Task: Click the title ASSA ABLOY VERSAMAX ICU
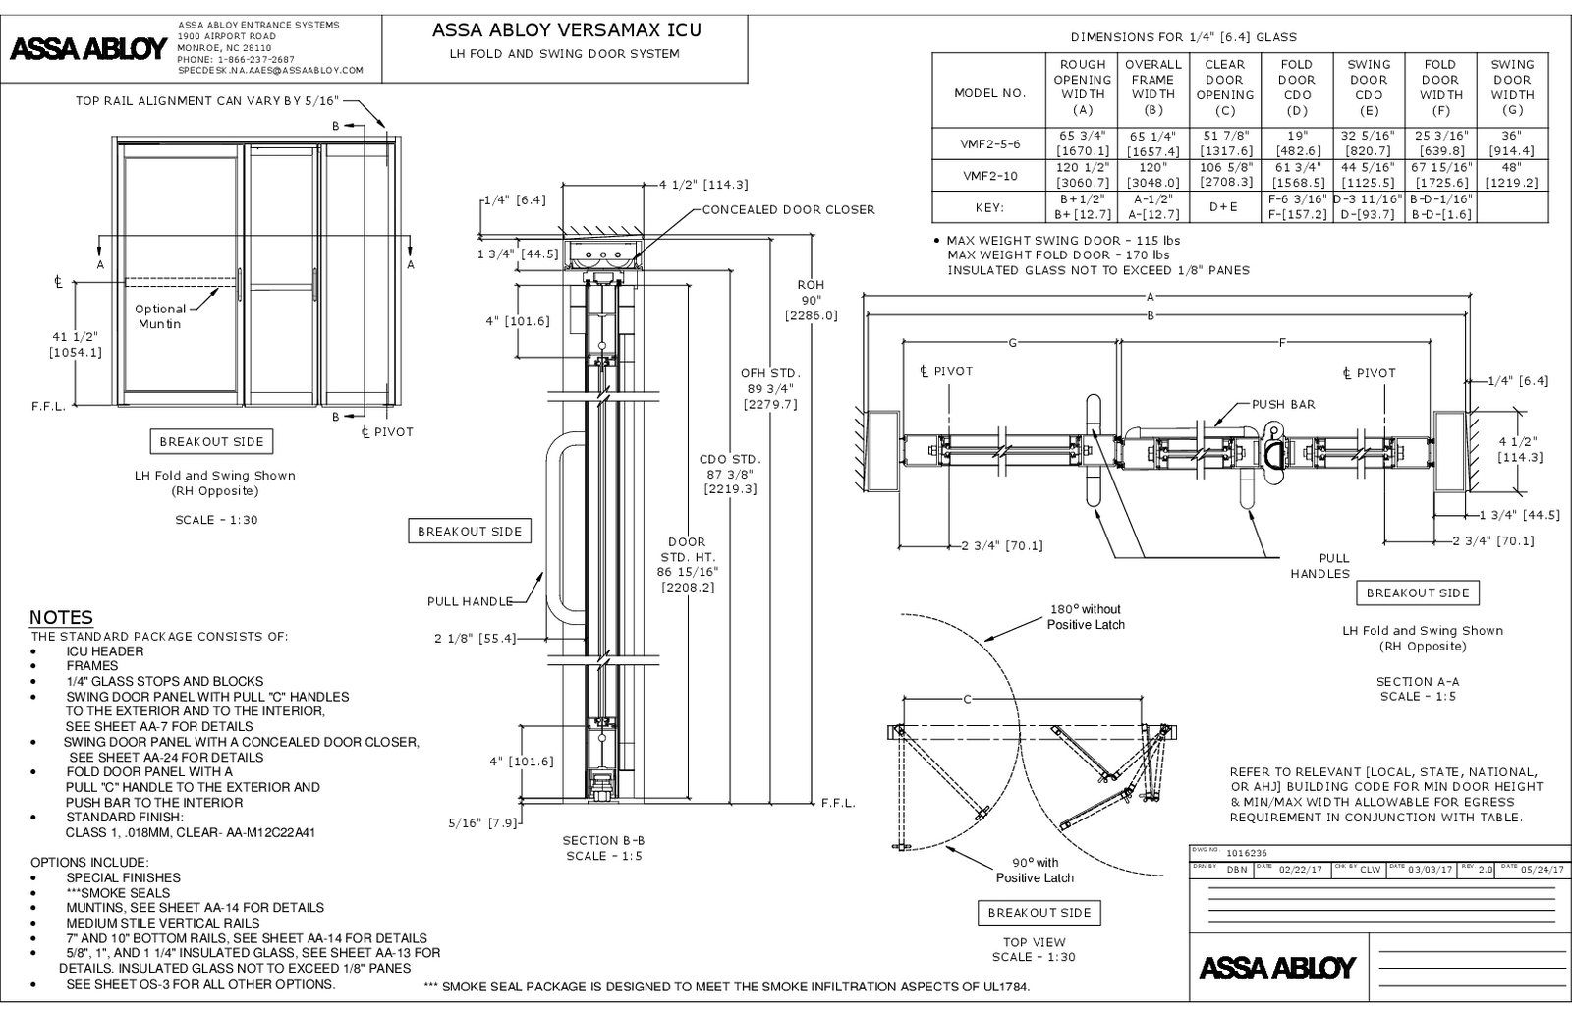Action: point(567,30)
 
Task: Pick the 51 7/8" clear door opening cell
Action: point(1224,143)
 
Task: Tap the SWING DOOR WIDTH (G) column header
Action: point(1511,87)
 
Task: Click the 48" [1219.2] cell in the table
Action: point(1511,175)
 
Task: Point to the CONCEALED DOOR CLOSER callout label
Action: point(788,209)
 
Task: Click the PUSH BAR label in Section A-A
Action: point(1283,404)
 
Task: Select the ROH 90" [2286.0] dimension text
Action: point(811,300)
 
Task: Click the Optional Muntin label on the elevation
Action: point(160,316)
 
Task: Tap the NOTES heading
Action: point(61,618)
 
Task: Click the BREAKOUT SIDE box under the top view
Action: point(1039,913)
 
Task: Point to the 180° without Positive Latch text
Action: point(1086,617)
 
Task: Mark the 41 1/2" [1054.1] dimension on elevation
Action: point(76,344)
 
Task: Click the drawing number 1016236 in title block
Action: point(1243,854)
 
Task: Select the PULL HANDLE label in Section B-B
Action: point(470,601)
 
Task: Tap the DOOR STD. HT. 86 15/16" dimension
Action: point(687,564)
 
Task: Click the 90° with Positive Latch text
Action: point(1035,871)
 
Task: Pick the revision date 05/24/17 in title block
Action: point(1540,869)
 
